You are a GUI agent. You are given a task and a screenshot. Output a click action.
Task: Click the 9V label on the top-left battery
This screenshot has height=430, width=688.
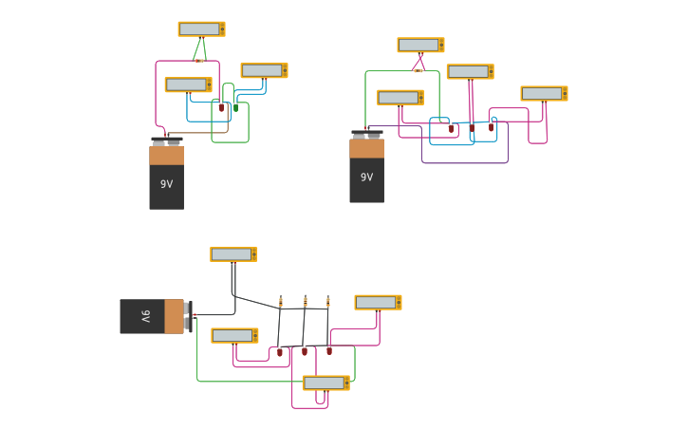tap(166, 184)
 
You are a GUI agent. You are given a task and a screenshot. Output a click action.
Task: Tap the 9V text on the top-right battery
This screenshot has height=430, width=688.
tap(366, 178)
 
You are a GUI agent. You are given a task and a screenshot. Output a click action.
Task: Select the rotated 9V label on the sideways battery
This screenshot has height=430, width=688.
tap(145, 316)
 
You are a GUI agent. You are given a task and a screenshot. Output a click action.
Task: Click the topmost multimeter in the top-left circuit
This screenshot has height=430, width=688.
tap(201, 29)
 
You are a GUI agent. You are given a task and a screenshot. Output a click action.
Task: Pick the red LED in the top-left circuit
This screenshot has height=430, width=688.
tap(221, 107)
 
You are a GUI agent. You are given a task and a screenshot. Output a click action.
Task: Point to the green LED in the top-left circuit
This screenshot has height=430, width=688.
tap(235, 107)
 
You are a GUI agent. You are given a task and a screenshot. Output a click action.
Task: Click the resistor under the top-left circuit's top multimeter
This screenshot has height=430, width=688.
tap(199, 60)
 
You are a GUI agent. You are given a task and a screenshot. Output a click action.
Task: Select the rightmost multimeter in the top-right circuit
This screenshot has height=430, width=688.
tap(544, 93)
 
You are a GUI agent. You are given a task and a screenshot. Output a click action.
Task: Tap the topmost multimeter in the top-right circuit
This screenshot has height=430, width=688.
tap(420, 45)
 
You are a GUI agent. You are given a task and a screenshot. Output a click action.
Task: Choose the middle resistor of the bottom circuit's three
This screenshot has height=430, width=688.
tap(305, 302)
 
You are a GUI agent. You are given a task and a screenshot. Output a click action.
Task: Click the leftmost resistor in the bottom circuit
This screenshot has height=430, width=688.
tap(280, 302)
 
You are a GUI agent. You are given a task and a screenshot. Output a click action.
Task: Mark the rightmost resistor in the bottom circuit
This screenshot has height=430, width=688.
tap(328, 302)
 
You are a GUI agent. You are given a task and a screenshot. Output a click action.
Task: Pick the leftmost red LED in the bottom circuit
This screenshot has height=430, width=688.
tap(279, 351)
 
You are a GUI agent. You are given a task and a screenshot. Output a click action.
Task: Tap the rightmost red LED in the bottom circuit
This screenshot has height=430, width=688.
tap(329, 350)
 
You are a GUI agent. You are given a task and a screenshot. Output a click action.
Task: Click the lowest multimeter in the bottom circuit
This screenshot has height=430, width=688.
tap(325, 383)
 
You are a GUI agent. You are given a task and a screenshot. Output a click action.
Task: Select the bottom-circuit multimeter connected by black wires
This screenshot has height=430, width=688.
tap(233, 254)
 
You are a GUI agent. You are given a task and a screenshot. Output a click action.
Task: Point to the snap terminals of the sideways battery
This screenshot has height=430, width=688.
tap(189, 316)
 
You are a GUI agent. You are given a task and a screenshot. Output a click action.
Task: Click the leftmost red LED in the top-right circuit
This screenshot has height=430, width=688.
tap(451, 126)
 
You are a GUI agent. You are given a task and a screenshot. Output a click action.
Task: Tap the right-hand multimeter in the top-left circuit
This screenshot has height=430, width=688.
tap(264, 70)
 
